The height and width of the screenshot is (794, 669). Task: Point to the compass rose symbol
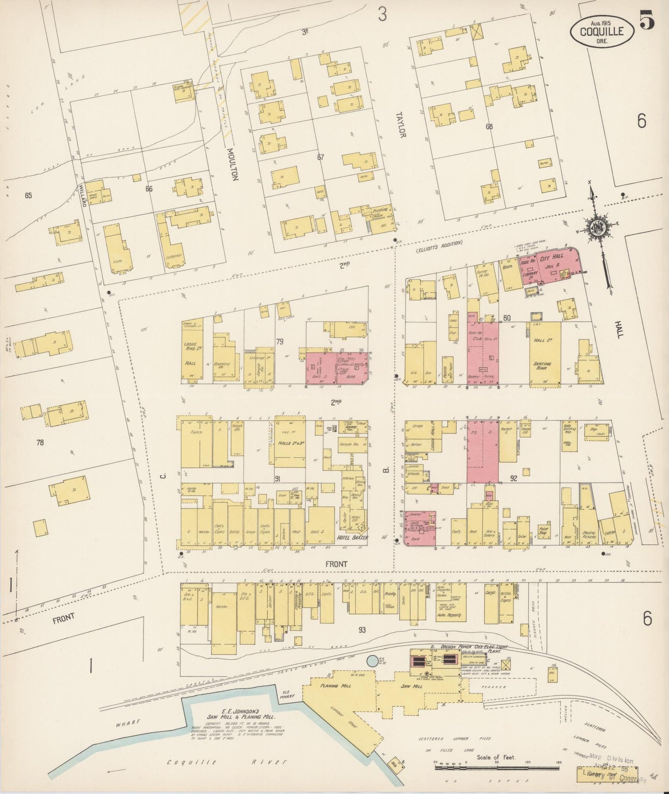tap(596, 227)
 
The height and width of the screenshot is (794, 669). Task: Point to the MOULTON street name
tap(233, 164)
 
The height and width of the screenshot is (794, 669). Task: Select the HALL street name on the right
tap(619, 329)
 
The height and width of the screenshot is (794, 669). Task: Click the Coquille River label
tap(227, 762)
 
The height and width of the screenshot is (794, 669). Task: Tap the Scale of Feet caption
tap(496, 757)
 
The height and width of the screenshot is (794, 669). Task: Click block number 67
tap(320, 157)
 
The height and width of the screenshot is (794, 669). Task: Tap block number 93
tap(362, 630)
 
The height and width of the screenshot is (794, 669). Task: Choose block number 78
tap(40, 442)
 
